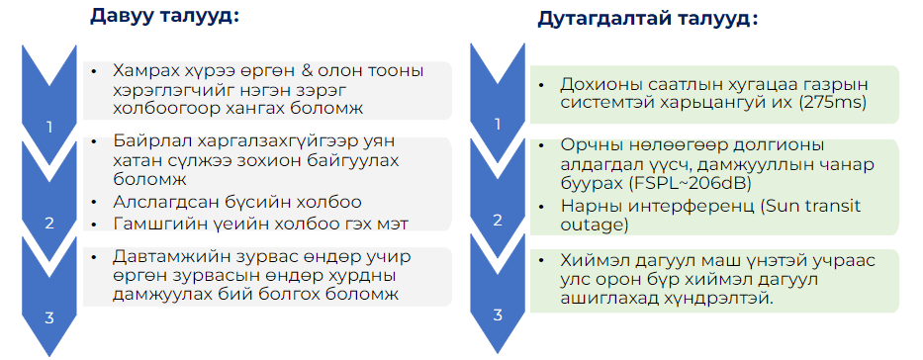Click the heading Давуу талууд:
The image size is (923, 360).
click(164, 16)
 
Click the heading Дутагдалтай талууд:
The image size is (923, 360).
click(648, 19)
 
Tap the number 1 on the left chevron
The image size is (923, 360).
click(49, 127)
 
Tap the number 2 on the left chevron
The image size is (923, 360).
click(49, 223)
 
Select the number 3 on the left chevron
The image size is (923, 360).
click(49, 318)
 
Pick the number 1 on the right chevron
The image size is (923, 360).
click(498, 124)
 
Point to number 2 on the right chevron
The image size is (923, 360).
click(498, 220)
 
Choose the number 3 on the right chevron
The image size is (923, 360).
click(498, 315)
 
